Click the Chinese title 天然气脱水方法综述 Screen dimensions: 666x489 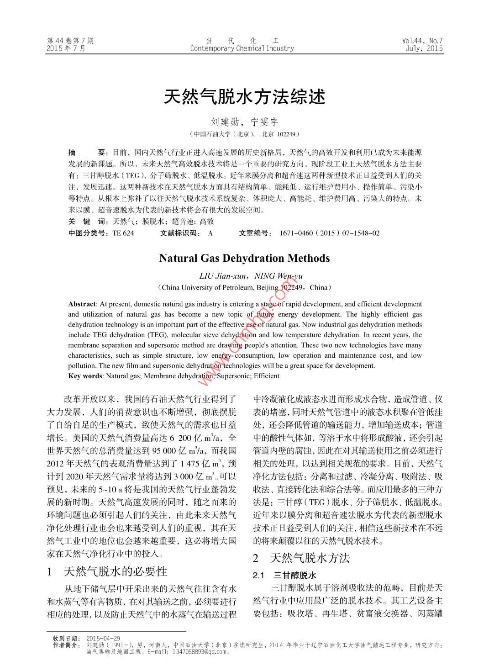tap(244, 97)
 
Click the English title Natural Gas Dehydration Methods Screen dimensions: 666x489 tap(244, 258)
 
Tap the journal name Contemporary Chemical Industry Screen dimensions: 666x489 tap(242, 48)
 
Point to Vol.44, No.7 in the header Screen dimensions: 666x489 tap(422, 41)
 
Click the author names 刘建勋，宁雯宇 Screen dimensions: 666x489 tap(244, 122)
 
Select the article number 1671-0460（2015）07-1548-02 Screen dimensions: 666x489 tap(329, 233)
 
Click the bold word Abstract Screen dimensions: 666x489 tap(82, 304)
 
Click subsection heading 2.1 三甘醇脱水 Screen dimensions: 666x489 tap(285, 575)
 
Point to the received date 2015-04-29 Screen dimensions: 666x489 tap(103, 638)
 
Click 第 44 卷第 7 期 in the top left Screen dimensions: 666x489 tap(70, 41)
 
